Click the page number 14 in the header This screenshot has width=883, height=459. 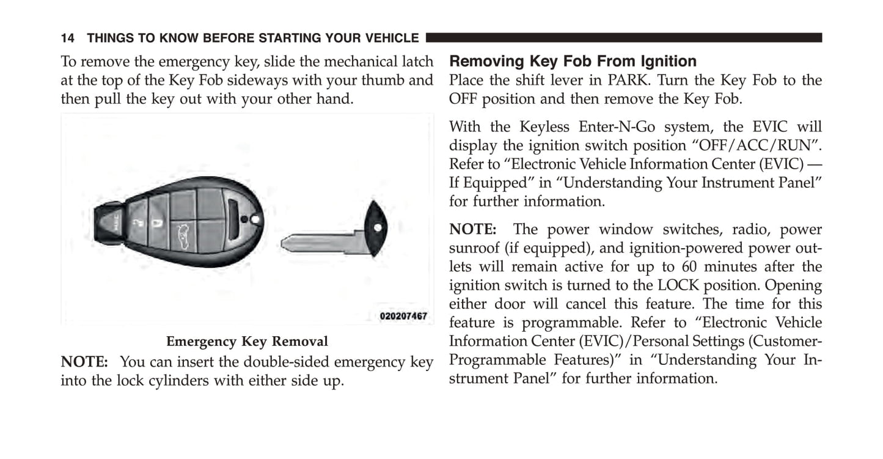(67, 38)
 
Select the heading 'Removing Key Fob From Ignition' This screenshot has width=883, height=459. (573, 61)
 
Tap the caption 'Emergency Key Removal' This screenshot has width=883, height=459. (247, 342)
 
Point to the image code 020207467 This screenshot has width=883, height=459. (403, 316)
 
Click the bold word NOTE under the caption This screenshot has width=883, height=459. (84, 362)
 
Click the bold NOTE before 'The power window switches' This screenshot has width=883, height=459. (473, 230)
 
